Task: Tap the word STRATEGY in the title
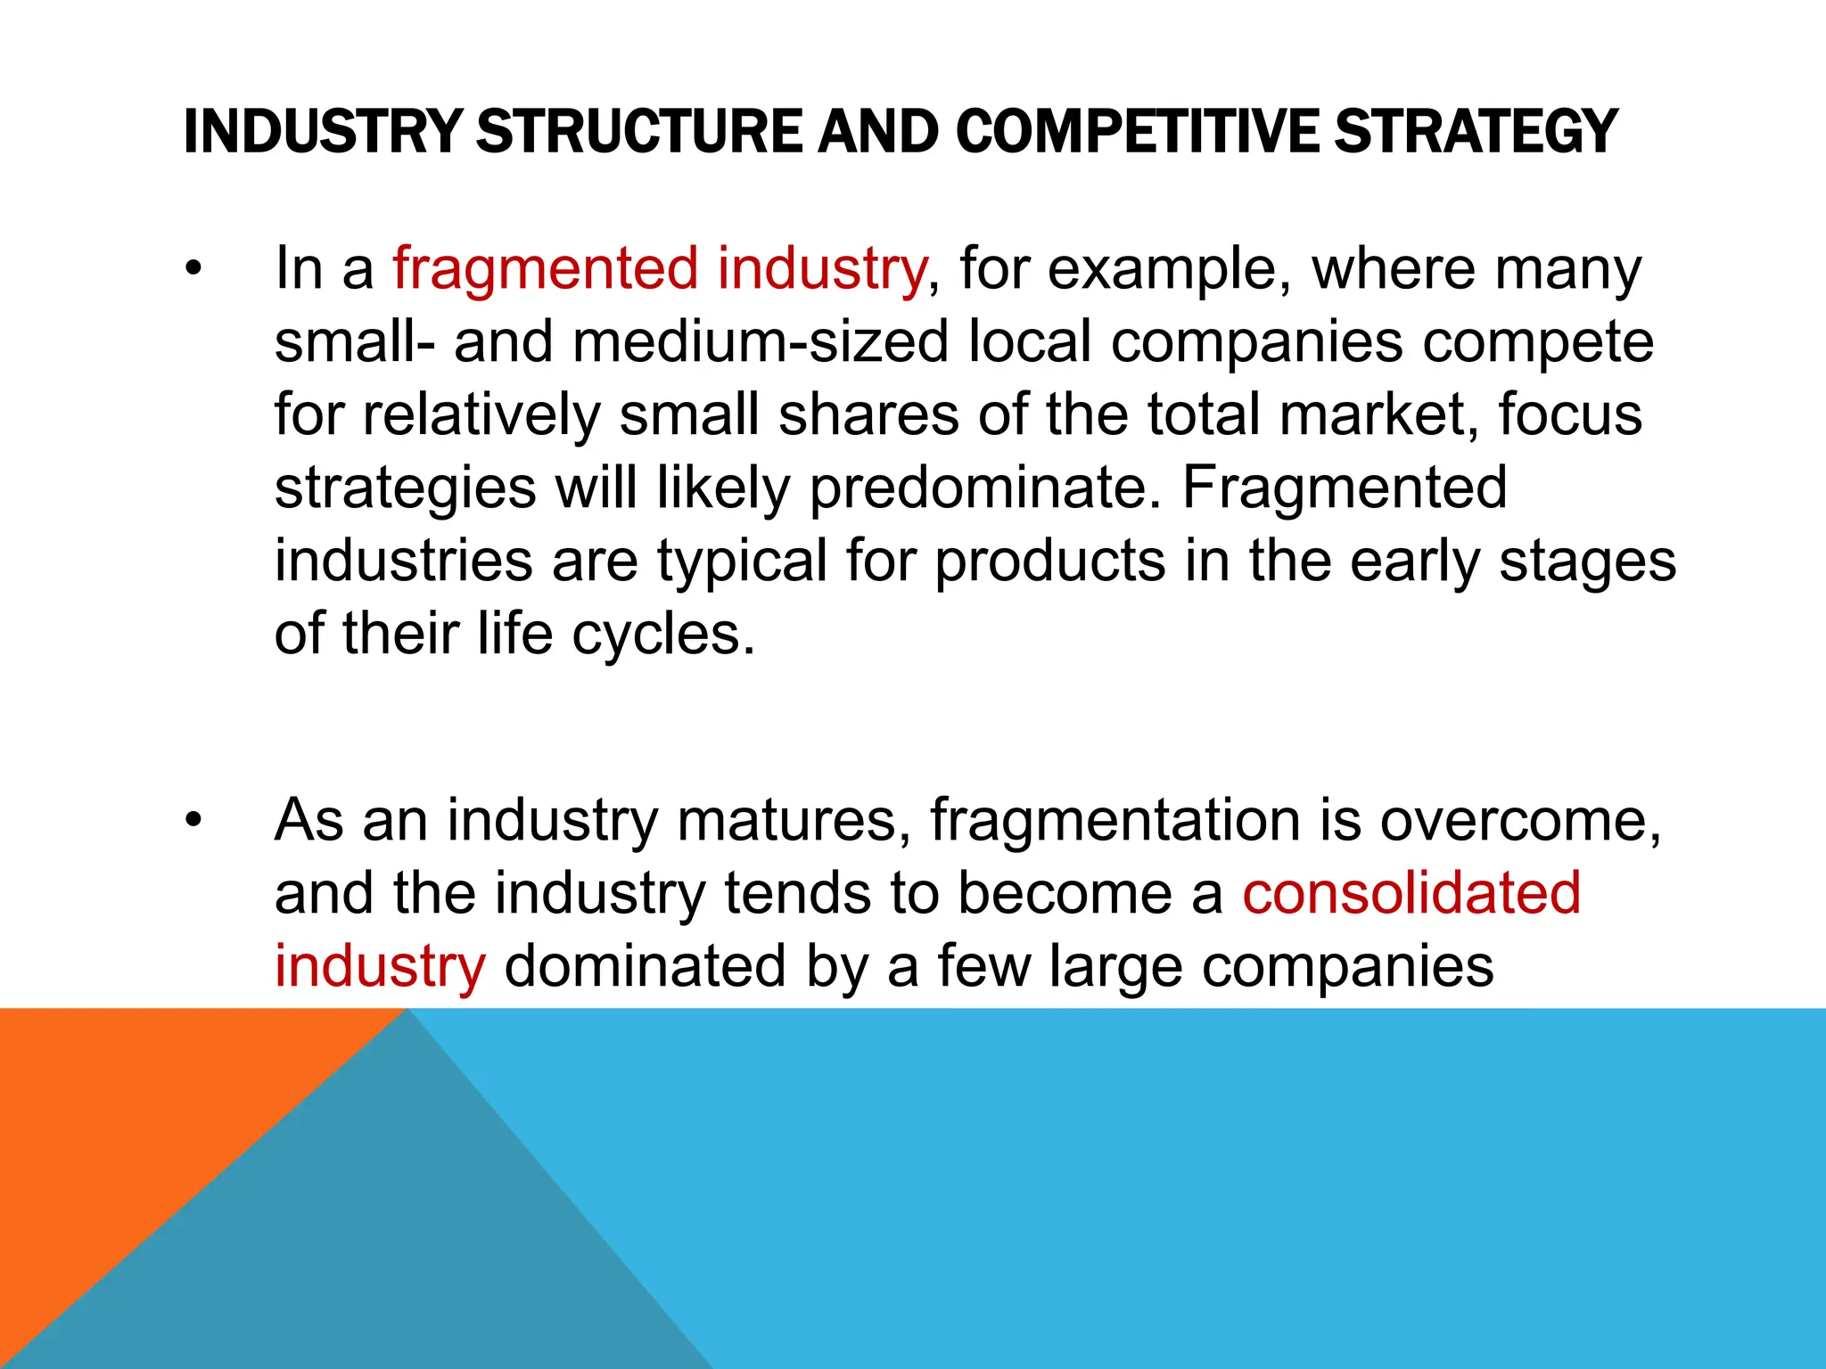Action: (1476, 132)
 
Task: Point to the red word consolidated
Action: (1411, 893)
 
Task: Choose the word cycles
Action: (663, 635)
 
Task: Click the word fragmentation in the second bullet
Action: (1115, 820)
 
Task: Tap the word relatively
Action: (481, 415)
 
